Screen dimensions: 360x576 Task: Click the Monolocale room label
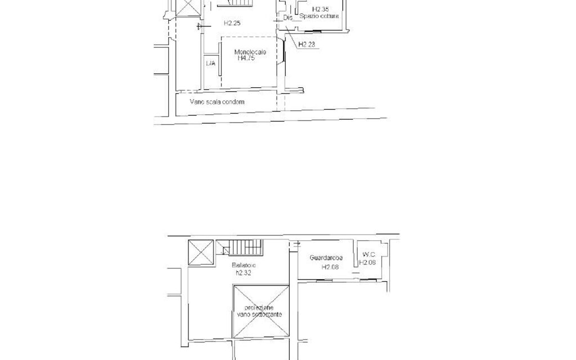(x=250, y=52)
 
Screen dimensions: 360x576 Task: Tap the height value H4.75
(x=246, y=57)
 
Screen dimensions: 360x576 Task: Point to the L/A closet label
(x=210, y=64)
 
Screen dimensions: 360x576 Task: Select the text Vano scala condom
(x=217, y=102)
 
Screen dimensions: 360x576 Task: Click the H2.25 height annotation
(x=232, y=24)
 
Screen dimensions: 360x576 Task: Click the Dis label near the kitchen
(x=288, y=18)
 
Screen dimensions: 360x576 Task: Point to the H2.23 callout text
(x=307, y=44)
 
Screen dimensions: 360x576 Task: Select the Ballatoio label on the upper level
(x=244, y=265)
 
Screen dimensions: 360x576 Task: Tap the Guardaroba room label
(x=326, y=258)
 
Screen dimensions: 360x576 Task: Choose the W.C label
(x=368, y=254)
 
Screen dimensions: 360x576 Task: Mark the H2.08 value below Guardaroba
(x=330, y=267)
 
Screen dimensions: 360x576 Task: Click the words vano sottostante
(x=259, y=314)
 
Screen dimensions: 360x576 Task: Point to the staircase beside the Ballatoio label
(x=244, y=247)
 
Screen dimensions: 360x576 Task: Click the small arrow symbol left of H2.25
(x=199, y=26)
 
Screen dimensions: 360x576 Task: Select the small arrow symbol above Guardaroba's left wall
(x=296, y=244)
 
